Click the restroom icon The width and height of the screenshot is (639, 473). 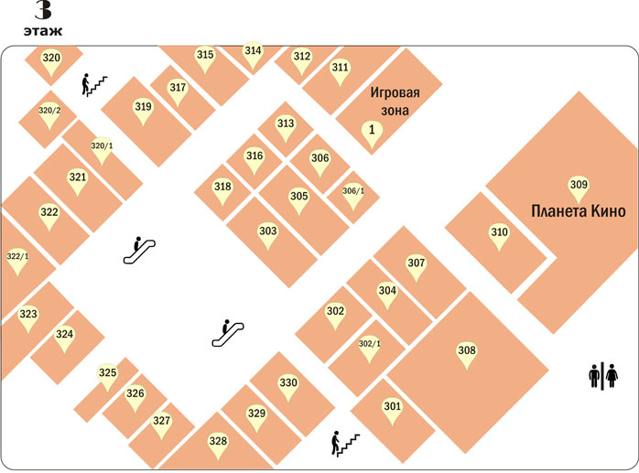pyautogui.click(x=603, y=376)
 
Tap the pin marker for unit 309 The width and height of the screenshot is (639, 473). pyautogui.click(x=579, y=189)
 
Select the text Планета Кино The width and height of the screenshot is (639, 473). pyautogui.click(x=579, y=211)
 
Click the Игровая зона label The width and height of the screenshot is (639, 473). pyautogui.click(x=395, y=102)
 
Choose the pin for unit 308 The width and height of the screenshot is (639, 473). pyautogui.click(x=467, y=355)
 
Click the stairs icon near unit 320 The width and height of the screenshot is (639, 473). pyautogui.click(x=94, y=85)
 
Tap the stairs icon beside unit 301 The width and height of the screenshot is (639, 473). pyautogui.click(x=345, y=443)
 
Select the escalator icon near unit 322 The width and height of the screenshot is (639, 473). pyautogui.click(x=139, y=250)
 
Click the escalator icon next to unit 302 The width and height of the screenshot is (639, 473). pyautogui.click(x=228, y=333)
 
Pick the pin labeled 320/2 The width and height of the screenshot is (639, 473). pyautogui.click(x=49, y=115)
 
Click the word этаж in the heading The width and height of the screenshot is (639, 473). pyautogui.click(x=43, y=31)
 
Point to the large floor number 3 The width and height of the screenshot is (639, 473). pyautogui.click(x=43, y=10)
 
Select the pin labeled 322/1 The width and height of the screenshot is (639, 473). pyautogui.click(x=17, y=262)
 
